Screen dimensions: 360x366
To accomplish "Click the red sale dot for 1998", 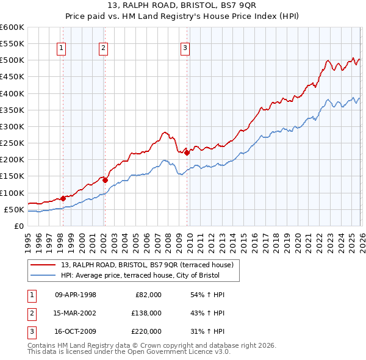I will tap(63, 198).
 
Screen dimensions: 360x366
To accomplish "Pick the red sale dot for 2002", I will tap(105, 180).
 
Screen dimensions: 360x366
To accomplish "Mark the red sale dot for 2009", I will tap(187, 153).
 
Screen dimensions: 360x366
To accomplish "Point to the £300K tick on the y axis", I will tap(12, 126).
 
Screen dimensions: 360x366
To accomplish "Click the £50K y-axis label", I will tap(14, 209).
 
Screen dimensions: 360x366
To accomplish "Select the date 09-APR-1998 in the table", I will tap(76, 295).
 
